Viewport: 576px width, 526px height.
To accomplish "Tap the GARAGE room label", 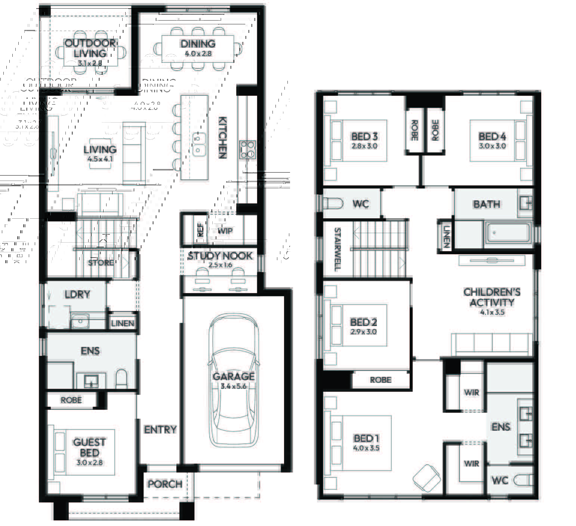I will click(x=234, y=376).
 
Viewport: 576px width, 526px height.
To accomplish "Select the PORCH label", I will click(x=165, y=484).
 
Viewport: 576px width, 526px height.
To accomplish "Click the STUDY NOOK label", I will click(x=220, y=256).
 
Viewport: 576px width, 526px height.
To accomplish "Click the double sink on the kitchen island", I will click(x=199, y=145).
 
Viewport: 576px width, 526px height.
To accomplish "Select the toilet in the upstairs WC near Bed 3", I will click(x=333, y=204).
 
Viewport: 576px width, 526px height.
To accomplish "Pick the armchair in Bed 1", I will click(x=426, y=478).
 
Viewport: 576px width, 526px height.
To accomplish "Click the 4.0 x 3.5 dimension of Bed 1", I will click(x=366, y=448).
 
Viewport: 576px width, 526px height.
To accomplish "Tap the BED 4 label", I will click(x=492, y=137).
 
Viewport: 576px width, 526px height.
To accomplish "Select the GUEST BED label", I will click(x=89, y=447).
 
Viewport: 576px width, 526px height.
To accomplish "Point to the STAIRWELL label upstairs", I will click(x=337, y=249).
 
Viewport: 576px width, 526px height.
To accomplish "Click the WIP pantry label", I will click(x=225, y=231).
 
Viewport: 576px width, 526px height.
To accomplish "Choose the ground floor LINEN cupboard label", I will click(x=123, y=323).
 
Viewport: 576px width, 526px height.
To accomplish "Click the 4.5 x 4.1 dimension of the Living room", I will click(x=100, y=159).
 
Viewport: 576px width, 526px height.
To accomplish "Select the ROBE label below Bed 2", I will click(x=381, y=380).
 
